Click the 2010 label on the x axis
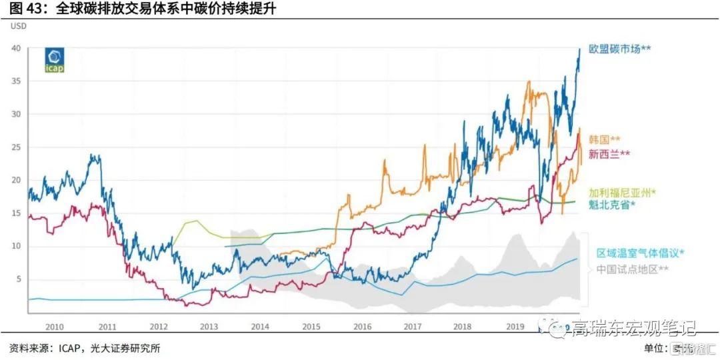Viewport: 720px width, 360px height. pos(54,327)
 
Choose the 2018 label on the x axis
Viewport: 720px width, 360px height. pos(463,327)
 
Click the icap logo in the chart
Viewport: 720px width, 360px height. pos(55,59)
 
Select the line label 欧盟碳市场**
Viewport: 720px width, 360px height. pos(619,49)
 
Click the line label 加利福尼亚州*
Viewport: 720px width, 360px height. pos(622,192)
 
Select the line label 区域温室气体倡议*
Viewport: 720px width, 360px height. pos(641,253)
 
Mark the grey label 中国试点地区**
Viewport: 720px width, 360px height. pos(632,269)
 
